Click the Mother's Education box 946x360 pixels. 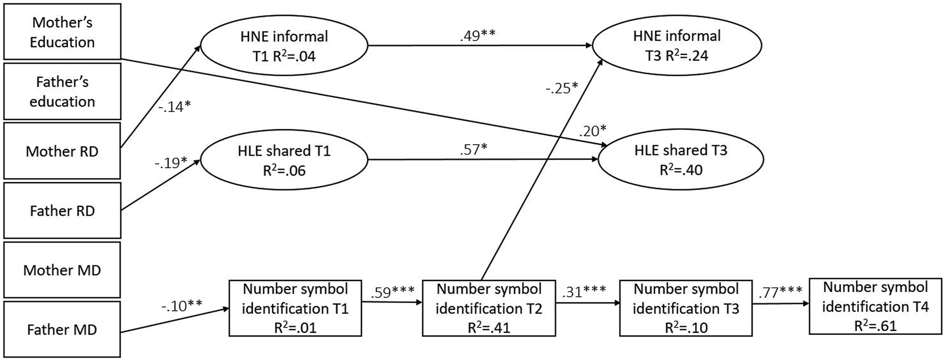(x=62, y=32)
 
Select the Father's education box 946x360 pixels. (x=62, y=91)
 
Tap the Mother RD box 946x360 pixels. (x=62, y=151)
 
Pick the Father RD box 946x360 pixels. (x=62, y=210)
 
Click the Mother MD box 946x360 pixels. (x=62, y=270)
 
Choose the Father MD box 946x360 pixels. (x=62, y=329)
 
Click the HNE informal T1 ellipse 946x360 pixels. (x=284, y=46)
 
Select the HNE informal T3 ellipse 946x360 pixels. (x=676, y=46)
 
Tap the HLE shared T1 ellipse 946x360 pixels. (x=284, y=160)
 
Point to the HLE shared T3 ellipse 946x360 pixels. (x=681, y=160)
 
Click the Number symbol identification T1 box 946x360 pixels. (x=295, y=308)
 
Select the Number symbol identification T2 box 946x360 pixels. (x=488, y=308)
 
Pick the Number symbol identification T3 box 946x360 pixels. (x=685, y=308)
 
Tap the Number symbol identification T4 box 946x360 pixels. (x=875, y=306)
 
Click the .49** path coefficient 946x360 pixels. (x=477, y=35)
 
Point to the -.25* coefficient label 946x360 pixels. (x=562, y=88)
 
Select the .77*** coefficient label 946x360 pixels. (x=780, y=292)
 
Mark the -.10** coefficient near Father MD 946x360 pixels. (x=182, y=306)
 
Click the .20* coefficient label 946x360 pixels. (x=593, y=131)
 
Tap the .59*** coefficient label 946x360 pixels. (x=392, y=292)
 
